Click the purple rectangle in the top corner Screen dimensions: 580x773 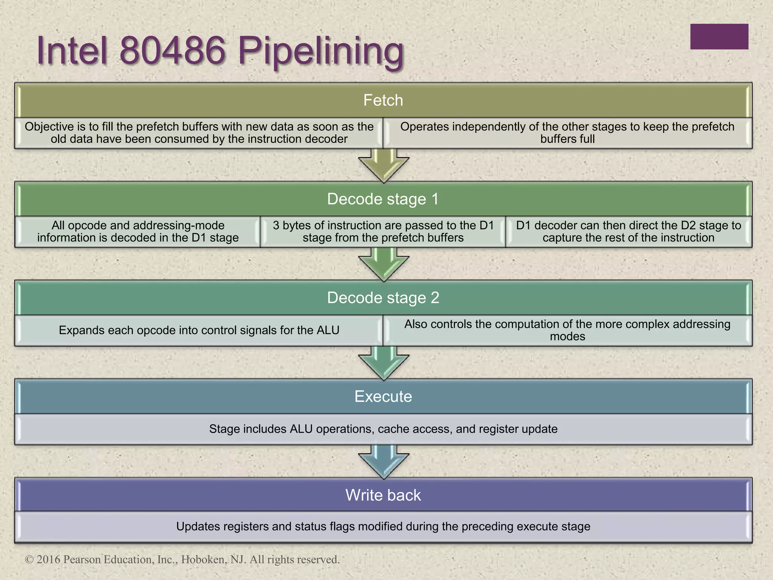click(719, 37)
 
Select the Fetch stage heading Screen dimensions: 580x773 click(383, 100)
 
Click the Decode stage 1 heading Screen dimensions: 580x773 click(383, 199)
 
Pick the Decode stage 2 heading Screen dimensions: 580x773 click(383, 298)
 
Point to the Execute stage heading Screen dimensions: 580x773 click(383, 396)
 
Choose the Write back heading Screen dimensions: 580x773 click(383, 495)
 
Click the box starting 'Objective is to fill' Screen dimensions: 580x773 click(199, 133)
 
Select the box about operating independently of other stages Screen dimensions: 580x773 click(567, 133)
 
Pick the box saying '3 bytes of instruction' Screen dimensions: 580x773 click(383, 231)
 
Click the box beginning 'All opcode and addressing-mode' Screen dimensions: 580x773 click(138, 231)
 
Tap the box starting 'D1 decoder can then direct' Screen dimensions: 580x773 click(628, 231)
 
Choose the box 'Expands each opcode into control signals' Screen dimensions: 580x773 click(199, 330)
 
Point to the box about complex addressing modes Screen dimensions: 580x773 click(567, 330)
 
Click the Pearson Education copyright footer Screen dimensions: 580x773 click(182, 559)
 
